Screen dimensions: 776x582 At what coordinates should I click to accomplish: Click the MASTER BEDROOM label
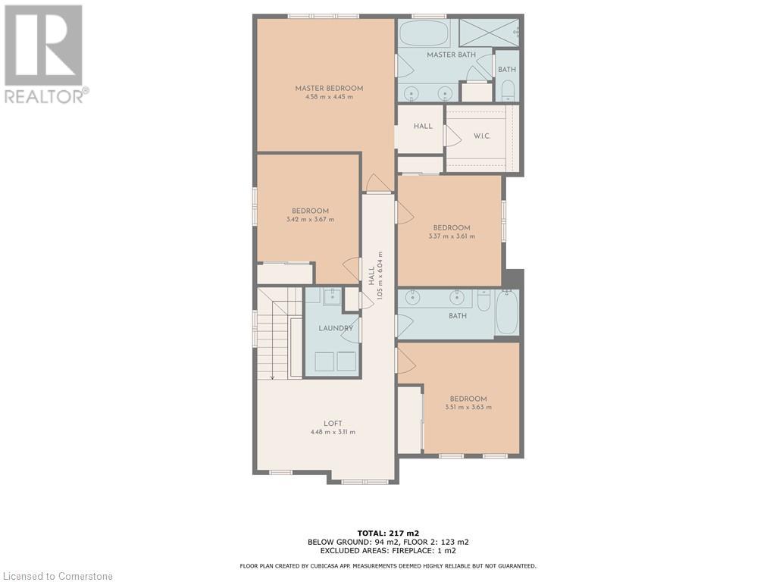click(x=329, y=88)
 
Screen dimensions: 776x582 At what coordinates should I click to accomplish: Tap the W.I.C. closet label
click(x=481, y=136)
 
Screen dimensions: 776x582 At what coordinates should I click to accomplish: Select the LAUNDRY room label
click(x=336, y=328)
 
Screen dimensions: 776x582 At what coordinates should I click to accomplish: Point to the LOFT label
click(x=333, y=423)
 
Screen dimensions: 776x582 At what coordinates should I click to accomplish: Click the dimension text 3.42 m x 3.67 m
click(x=310, y=219)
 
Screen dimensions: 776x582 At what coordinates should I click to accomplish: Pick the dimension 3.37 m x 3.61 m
click(x=452, y=236)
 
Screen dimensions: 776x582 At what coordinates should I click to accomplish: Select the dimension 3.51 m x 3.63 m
click(x=468, y=407)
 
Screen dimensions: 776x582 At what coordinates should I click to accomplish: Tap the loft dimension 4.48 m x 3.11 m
click(x=333, y=432)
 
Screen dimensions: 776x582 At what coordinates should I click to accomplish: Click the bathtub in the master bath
click(x=424, y=33)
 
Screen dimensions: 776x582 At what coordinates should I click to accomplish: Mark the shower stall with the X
click(x=489, y=33)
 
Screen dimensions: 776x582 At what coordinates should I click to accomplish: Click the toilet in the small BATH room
click(x=507, y=90)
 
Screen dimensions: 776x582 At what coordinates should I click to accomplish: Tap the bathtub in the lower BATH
click(x=507, y=313)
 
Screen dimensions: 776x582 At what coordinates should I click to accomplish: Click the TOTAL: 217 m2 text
click(x=388, y=533)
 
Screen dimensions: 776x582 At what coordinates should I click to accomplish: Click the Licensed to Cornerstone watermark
click(x=57, y=576)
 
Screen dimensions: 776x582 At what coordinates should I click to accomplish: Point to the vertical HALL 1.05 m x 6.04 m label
click(x=376, y=275)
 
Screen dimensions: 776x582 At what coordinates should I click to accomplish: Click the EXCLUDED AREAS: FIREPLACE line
click(x=388, y=550)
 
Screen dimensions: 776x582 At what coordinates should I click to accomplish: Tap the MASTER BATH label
click(x=452, y=55)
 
